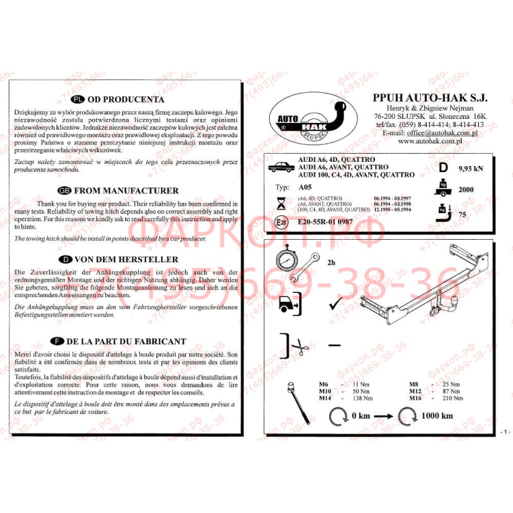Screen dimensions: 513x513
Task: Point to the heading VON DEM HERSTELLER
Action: coord(126,260)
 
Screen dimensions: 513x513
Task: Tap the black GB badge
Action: coord(65,191)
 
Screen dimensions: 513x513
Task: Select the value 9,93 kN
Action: coord(470,168)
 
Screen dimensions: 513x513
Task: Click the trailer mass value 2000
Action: coord(466,190)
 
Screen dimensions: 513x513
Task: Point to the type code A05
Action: coord(304,186)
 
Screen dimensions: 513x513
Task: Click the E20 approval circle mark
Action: coord(281,222)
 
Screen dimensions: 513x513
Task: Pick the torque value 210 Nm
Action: coord(453,398)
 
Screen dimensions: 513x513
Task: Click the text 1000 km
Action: coord(437,415)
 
